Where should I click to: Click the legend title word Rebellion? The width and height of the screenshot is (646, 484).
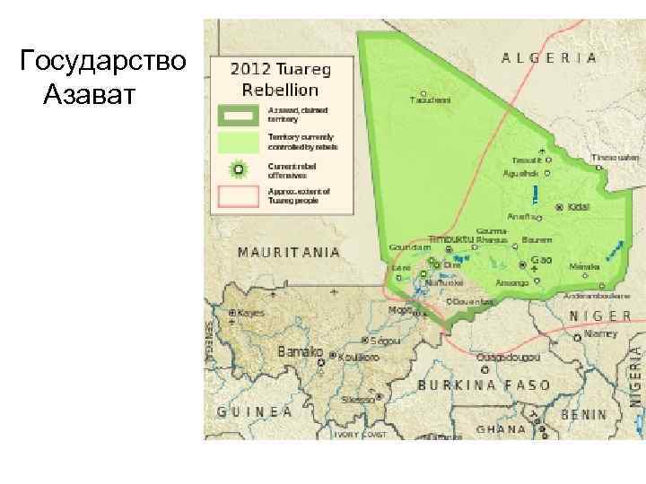(x=280, y=90)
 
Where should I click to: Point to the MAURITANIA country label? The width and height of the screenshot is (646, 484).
(x=288, y=252)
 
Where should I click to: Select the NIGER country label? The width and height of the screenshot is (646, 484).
(x=600, y=315)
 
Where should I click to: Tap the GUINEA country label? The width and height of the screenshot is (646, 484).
(x=255, y=411)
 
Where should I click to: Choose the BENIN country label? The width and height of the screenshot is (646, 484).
(x=583, y=416)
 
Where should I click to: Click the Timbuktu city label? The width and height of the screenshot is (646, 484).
(x=450, y=239)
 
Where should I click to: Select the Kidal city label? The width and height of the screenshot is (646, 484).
(x=580, y=206)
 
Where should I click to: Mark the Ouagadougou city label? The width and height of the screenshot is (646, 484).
(x=508, y=357)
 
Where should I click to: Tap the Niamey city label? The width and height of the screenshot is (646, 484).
(x=601, y=333)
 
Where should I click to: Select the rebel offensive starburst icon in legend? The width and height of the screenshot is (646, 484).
(x=238, y=168)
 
